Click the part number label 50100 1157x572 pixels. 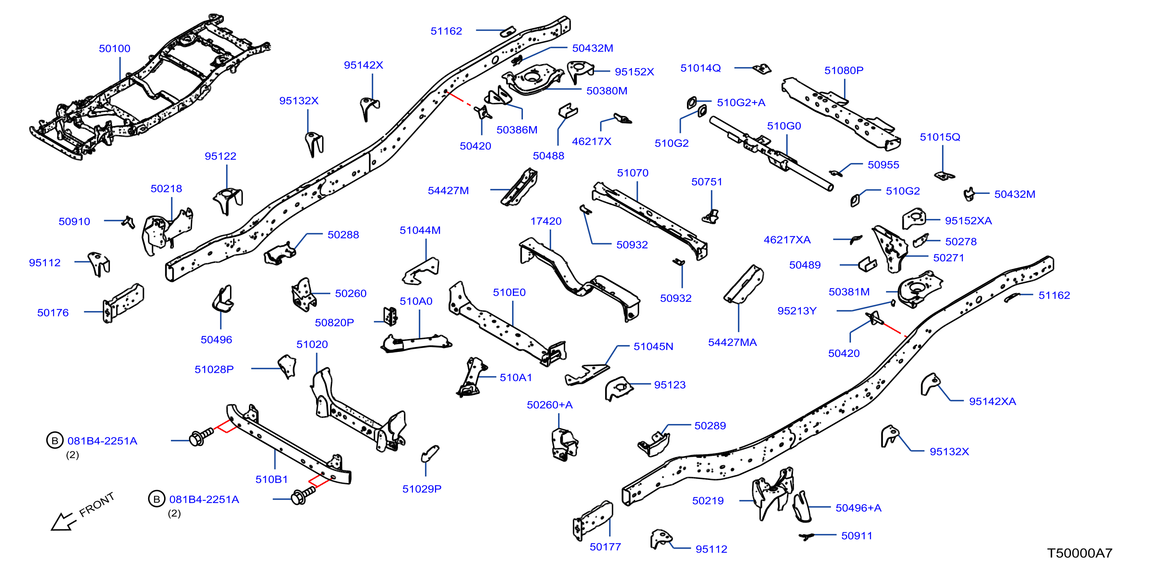[x=115, y=49]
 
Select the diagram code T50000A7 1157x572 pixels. [x=1080, y=553]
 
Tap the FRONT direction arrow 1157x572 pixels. [x=63, y=521]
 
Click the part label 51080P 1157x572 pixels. [x=844, y=71]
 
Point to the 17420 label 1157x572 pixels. [x=546, y=221]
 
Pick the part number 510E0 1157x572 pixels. [x=509, y=293]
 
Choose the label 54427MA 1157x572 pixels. [x=732, y=342]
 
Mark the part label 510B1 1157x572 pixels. [x=271, y=479]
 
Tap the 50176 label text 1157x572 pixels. [x=53, y=313]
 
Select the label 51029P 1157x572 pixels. [x=422, y=489]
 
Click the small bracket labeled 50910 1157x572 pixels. [x=129, y=222]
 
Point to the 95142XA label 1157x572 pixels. [x=992, y=402]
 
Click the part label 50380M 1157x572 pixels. [x=607, y=91]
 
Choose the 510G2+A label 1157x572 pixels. [x=741, y=103]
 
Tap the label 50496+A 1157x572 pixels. [x=858, y=508]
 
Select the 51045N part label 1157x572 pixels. [x=653, y=347]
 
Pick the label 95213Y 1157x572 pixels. [x=797, y=311]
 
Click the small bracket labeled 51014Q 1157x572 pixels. [x=762, y=69]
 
